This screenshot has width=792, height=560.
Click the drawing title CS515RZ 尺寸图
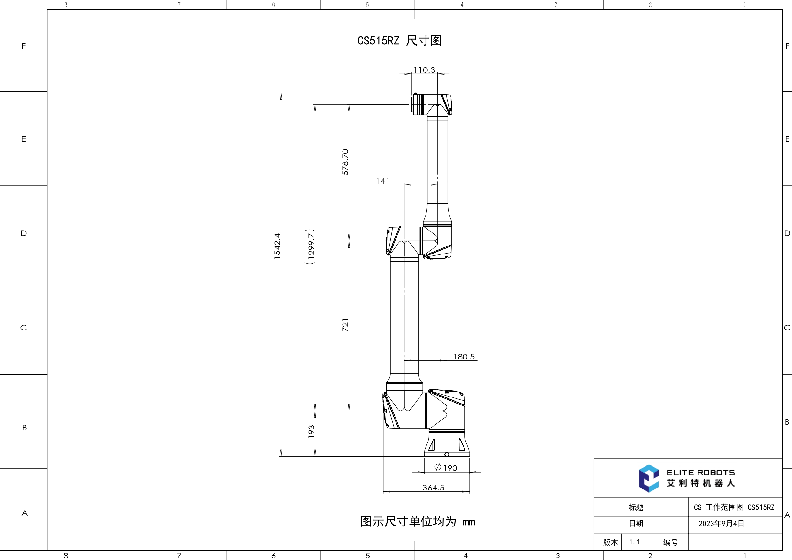click(x=399, y=41)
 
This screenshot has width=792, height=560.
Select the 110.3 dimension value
click(x=424, y=70)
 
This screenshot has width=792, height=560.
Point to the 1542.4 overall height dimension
click(x=277, y=246)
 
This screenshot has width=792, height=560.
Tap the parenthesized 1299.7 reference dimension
click(x=311, y=246)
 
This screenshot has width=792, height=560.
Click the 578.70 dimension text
click(x=345, y=162)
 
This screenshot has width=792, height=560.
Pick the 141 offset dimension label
click(x=382, y=181)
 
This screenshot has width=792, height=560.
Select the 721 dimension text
click(x=345, y=325)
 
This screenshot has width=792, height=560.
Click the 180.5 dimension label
click(x=464, y=357)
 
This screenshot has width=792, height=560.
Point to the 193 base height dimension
click(x=311, y=431)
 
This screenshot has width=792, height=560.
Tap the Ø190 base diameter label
click(x=446, y=467)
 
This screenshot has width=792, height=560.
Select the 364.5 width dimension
click(x=433, y=488)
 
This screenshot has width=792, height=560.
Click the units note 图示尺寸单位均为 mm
click(x=417, y=521)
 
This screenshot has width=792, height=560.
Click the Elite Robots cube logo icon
click(x=648, y=478)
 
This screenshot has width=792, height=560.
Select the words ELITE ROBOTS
click(x=700, y=472)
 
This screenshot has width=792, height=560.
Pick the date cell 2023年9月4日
click(x=721, y=523)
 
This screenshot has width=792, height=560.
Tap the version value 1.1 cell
click(x=634, y=542)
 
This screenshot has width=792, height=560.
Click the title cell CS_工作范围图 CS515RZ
click(x=734, y=507)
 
